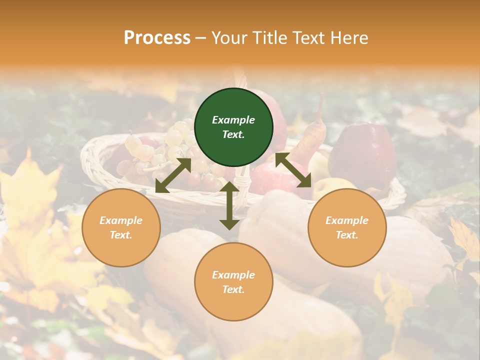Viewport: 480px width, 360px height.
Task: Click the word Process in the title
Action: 157,38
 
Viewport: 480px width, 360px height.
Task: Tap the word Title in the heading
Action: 270,38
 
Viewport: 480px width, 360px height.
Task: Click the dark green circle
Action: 233,127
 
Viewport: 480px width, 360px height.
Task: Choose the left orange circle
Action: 121,227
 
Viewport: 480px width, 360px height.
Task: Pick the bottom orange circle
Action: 233,282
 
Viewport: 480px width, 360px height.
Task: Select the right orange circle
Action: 347,227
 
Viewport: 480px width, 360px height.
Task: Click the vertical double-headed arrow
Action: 229,205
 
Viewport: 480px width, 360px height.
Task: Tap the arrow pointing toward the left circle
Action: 173,175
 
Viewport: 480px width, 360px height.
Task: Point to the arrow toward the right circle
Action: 293,169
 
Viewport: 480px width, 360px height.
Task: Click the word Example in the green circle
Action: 233,120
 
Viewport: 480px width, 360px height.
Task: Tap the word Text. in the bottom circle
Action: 233,289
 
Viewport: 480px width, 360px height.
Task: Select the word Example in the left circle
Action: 121,220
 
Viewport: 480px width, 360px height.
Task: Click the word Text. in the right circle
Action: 347,235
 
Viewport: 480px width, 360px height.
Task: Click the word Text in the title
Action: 310,38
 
